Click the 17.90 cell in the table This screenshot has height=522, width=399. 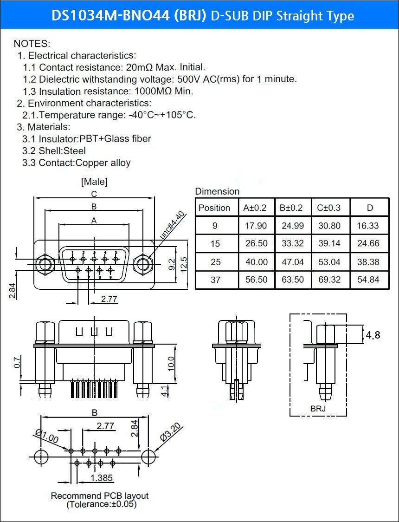point(256,226)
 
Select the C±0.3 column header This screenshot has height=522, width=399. point(329,208)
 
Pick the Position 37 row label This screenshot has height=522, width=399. point(215,280)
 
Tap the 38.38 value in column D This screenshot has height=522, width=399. point(368,262)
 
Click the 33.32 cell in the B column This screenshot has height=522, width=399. point(293,244)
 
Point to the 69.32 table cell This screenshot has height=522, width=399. point(329,280)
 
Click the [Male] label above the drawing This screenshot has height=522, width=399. point(95,182)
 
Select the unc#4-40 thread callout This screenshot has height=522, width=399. point(172,225)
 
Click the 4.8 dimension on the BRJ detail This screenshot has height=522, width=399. point(373,334)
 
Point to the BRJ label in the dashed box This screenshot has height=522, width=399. point(318,408)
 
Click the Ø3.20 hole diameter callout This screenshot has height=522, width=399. point(171,432)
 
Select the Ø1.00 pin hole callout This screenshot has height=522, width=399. point(46,437)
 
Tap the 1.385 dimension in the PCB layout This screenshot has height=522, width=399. point(102,478)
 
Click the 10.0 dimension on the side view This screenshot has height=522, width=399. point(171,364)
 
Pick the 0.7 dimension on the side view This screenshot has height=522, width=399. point(17,362)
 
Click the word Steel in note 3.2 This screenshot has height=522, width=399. point(75,151)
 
